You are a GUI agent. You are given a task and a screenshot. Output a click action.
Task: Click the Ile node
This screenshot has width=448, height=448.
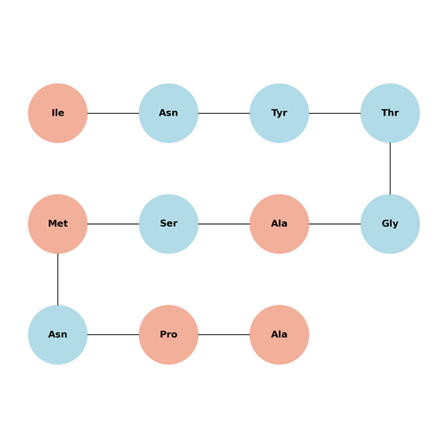pyautogui.click(x=57, y=113)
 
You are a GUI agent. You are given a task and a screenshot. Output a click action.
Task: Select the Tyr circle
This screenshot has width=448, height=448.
pyautogui.click(x=280, y=113)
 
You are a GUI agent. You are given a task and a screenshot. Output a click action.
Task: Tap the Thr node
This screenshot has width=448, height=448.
pyautogui.click(x=390, y=113)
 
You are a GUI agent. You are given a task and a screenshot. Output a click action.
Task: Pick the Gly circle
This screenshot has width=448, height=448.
pyautogui.click(x=390, y=224)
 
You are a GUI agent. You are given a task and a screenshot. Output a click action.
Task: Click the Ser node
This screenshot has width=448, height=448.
pyautogui.click(x=168, y=224)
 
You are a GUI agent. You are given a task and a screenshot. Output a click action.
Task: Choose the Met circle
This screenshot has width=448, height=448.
pyautogui.click(x=57, y=224)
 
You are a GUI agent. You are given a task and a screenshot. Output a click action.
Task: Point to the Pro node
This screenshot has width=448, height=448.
pyautogui.click(x=168, y=334)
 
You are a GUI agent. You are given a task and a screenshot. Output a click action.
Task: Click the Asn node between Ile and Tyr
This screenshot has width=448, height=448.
pyautogui.click(x=168, y=113)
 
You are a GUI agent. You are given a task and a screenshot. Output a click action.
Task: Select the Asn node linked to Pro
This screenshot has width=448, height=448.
pyautogui.click(x=57, y=334)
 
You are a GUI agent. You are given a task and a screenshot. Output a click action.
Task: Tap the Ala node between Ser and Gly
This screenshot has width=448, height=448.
pyautogui.click(x=280, y=224)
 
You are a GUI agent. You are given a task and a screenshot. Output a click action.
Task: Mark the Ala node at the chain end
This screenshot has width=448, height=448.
pyautogui.click(x=280, y=334)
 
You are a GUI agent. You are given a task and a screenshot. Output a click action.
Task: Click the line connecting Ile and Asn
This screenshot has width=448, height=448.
pyautogui.click(x=113, y=113)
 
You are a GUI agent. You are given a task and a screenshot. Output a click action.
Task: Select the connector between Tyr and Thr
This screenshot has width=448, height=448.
pyautogui.click(x=335, y=113)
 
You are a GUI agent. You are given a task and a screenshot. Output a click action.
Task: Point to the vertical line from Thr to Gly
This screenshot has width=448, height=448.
pyautogui.click(x=390, y=168)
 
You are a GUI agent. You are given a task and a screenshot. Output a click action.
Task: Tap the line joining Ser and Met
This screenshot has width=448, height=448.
pyautogui.click(x=113, y=224)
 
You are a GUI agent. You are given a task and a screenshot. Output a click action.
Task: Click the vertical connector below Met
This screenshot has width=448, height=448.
pyautogui.click(x=57, y=280)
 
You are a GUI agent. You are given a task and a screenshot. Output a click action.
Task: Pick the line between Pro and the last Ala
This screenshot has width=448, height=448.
pyautogui.click(x=224, y=334)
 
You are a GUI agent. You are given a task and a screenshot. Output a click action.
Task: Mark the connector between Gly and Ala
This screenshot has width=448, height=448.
pyautogui.click(x=335, y=224)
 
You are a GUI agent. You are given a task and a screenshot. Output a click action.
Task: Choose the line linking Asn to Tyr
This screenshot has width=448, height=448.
pyautogui.click(x=224, y=113)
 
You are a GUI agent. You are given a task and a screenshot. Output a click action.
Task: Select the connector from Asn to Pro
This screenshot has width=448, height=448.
pyautogui.click(x=113, y=334)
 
